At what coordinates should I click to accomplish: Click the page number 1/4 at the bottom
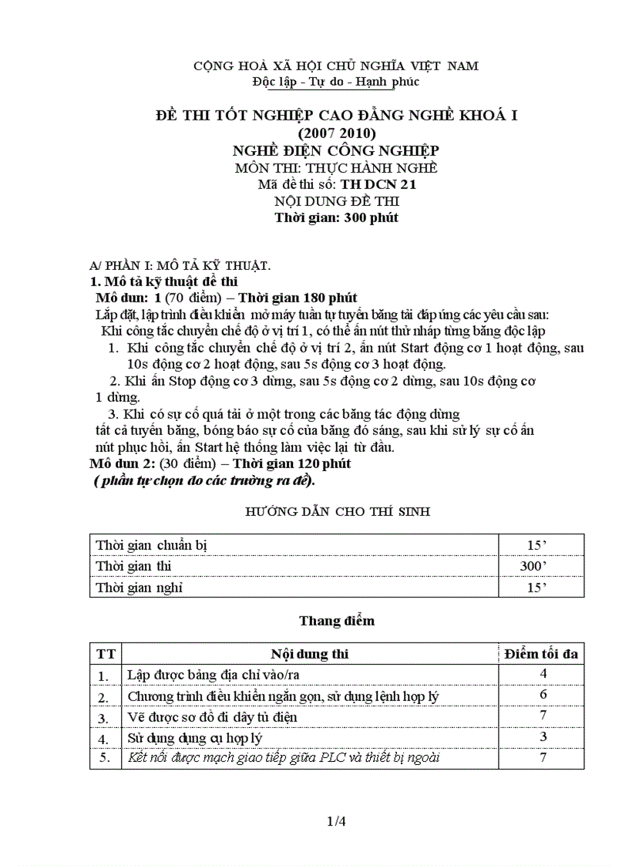pyautogui.click(x=336, y=821)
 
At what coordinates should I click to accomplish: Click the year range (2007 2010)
pyautogui.click(x=336, y=133)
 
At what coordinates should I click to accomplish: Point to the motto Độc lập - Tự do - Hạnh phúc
pyautogui.click(x=336, y=81)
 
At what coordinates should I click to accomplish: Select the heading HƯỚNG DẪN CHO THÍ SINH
pyautogui.click(x=338, y=511)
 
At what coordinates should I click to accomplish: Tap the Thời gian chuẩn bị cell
pyautogui.click(x=152, y=545)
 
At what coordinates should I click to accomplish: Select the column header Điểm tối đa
pyautogui.click(x=541, y=654)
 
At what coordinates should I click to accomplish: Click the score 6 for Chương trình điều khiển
pyautogui.click(x=543, y=695)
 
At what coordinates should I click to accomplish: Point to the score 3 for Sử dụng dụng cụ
pyautogui.click(x=543, y=736)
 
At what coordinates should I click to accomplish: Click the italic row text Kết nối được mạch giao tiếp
pyautogui.click(x=283, y=757)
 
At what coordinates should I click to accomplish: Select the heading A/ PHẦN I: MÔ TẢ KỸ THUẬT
pyautogui.click(x=180, y=265)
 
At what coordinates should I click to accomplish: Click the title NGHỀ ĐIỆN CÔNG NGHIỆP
pyautogui.click(x=336, y=150)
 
